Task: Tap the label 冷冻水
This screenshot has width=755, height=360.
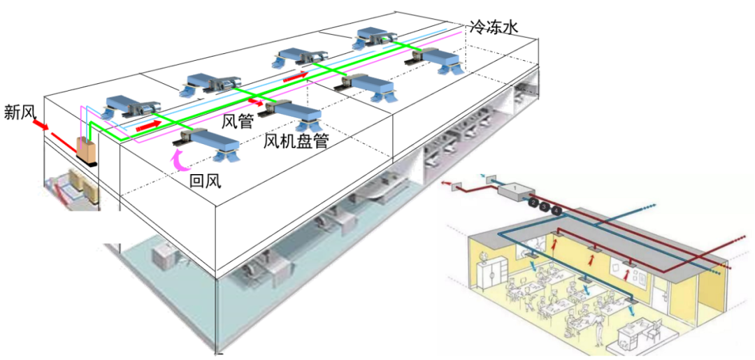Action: [494, 27]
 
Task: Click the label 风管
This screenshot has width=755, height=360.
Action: [237, 120]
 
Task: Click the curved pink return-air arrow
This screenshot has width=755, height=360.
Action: [181, 159]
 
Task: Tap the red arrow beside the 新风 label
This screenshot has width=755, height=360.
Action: [40, 125]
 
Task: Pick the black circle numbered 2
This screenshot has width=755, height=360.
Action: [533, 202]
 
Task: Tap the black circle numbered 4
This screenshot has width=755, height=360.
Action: [556, 210]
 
